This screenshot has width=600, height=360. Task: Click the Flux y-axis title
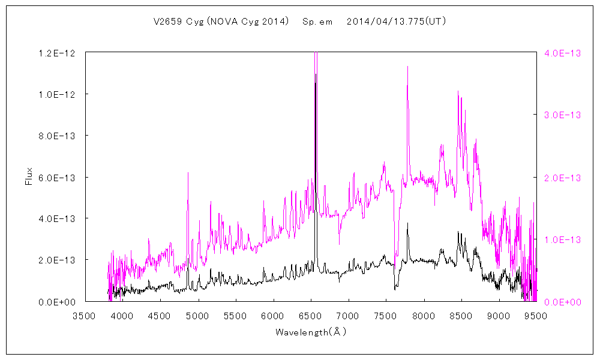[x=28, y=177]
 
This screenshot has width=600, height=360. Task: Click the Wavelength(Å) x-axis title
[x=311, y=332]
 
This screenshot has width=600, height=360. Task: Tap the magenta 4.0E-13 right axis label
[x=563, y=53]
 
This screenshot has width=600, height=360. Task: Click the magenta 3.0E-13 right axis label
[x=563, y=115]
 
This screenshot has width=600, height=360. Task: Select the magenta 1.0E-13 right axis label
[x=563, y=239]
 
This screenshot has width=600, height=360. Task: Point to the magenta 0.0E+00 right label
[x=563, y=301]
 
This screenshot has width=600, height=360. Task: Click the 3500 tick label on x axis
[x=85, y=316]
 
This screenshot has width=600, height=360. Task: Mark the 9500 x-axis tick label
[x=536, y=316]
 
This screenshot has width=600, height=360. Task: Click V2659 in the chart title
[x=167, y=22]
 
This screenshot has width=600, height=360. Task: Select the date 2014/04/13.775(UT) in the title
[x=396, y=22]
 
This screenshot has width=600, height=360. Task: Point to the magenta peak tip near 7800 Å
[x=407, y=67]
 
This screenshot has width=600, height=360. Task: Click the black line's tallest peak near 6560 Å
[x=316, y=83]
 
